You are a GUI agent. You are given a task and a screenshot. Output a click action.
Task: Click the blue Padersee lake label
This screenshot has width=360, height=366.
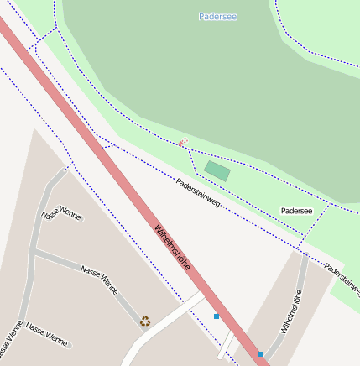tap(214, 17)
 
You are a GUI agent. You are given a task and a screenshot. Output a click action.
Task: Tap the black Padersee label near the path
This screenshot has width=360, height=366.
tap(296, 211)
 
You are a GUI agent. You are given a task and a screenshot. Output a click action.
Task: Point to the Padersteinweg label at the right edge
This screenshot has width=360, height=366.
tap(342, 280)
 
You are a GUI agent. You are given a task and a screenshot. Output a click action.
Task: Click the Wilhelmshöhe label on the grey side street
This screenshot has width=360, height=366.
tap(291, 312)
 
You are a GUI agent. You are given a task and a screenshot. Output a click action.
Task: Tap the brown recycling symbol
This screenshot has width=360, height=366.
tap(145, 321)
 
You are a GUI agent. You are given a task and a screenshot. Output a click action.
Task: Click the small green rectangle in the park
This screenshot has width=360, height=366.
tap(217, 171)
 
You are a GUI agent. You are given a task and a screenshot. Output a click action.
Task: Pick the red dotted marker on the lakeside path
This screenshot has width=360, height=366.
tap(182, 143)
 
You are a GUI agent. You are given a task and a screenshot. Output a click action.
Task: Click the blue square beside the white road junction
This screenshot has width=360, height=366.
tap(217, 316)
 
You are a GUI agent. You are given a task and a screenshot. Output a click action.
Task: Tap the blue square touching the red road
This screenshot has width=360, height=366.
tap(261, 354)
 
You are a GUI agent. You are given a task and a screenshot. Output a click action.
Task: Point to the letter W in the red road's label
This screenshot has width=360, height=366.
tap(158, 228)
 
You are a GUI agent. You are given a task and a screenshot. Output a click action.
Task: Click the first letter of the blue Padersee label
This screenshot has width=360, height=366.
tap(201, 17)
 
